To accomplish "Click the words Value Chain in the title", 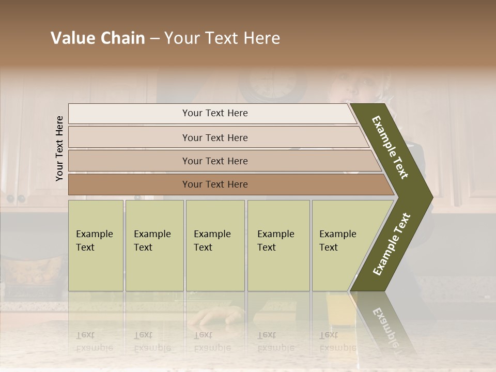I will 98,38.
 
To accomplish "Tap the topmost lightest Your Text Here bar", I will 214,113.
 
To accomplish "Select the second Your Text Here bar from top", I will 214,137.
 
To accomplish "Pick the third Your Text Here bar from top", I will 214,161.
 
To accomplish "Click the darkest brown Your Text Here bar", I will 214,184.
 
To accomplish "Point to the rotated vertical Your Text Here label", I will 59,148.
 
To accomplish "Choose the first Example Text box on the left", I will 96,245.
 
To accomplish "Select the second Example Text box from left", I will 154,245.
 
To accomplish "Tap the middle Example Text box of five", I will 215,245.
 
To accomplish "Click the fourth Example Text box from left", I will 278,245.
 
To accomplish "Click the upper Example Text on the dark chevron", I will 391,148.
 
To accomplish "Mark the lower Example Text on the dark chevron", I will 392,244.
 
